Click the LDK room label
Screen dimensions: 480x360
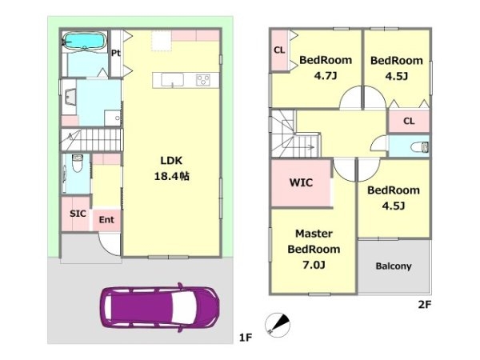(171, 161)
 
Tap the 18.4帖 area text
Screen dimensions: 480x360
(172, 176)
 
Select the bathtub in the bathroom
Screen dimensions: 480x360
(85, 41)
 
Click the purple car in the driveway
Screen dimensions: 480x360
(159, 307)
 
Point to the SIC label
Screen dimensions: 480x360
(78, 214)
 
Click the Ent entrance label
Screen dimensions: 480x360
(106, 219)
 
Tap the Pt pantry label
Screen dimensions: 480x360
(116, 54)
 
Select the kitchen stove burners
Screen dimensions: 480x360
(203, 80)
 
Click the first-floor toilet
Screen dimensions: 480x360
(77, 163)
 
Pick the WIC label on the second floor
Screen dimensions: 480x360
(301, 182)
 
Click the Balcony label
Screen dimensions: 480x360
(394, 266)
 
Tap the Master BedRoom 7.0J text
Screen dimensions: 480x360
(314, 249)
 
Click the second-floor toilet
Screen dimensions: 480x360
(419, 146)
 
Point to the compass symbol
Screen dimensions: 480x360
(278, 325)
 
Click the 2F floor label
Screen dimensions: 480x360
(425, 305)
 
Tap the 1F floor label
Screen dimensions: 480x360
(246, 338)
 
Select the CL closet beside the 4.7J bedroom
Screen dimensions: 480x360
(279, 50)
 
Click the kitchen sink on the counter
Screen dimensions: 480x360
(172, 80)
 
